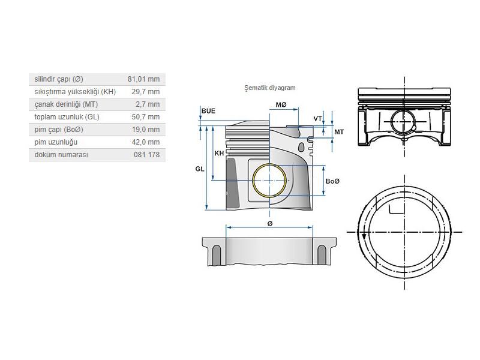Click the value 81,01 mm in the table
[143, 79]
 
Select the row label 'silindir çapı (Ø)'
[59, 79]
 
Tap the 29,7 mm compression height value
[146, 92]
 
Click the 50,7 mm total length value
[146, 117]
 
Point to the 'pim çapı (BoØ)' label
[59, 130]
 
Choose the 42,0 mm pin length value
[146, 142]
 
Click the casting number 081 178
[147, 155]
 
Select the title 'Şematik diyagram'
[269, 88]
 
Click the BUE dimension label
[208, 111]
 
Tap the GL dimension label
[200, 169]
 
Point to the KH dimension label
[220, 154]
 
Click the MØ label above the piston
[281, 105]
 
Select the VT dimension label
[317, 119]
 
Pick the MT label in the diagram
[339, 131]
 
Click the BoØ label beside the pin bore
[332, 181]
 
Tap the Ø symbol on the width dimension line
[270, 223]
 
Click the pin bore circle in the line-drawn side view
[403, 122]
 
